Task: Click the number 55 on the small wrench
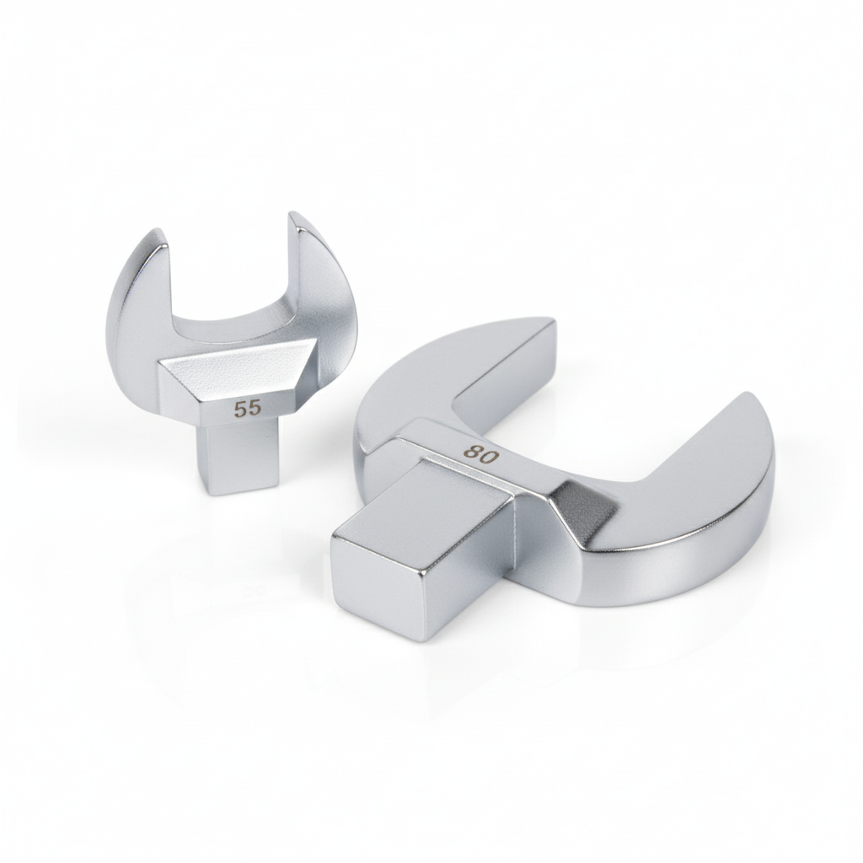(247, 410)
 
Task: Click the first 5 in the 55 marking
(240, 410)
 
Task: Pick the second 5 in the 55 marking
(255, 409)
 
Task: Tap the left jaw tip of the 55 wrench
(156, 231)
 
